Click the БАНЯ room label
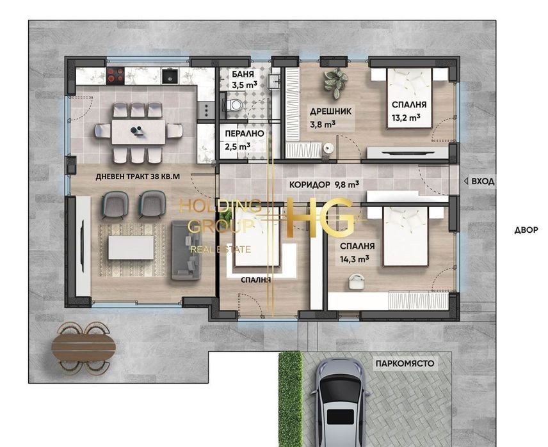point(243,74)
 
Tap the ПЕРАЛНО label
point(245,134)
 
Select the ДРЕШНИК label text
point(330,111)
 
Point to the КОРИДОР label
point(310,184)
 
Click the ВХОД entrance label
point(483,181)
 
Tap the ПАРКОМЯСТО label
point(405,363)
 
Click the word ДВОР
point(526,230)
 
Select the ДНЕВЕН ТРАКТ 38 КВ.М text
point(138,176)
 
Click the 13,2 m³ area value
point(406,118)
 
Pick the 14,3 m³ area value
point(355,259)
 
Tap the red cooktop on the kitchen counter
point(115,76)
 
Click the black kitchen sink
point(170,76)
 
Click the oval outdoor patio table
point(83,347)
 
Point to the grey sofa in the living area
point(186,250)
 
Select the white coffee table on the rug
point(131,247)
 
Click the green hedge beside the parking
point(290,399)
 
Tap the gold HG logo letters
point(319,217)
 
